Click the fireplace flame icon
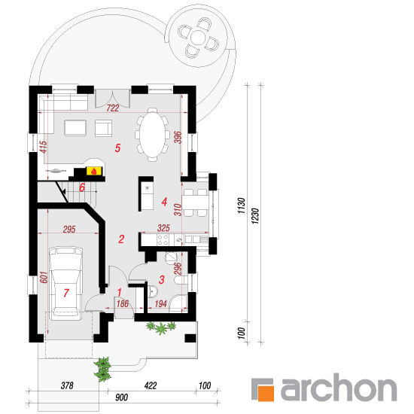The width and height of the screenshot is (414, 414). pyautogui.click(x=93, y=172)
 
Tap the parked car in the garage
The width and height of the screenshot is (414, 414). pyautogui.click(x=65, y=283)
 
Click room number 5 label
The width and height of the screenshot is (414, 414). pyautogui.click(x=117, y=148)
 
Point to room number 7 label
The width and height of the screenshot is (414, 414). pyautogui.click(x=66, y=293)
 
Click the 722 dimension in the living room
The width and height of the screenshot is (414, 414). pyautogui.click(x=113, y=108)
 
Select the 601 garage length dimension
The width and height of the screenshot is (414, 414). pyautogui.click(x=44, y=277)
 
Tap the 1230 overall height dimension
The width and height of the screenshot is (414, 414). pyautogui.click(x=255, y=216)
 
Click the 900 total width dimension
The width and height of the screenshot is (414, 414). pyautogui.click(x=121, y=397)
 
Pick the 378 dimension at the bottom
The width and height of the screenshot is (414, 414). pyautogui.click(x=67, y=385)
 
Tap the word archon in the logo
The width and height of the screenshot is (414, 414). pyautogui.click(x=339, y=387)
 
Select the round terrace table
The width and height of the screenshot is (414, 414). pyautogui.click(x=198, y=38)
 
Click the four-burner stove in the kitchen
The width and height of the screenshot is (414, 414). pyautogui.click(x=163, y=239)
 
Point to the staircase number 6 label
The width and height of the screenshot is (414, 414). pyautogui.click(x=82, y=187)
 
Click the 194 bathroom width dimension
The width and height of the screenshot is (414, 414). pyautogui.click(x=161, y=304)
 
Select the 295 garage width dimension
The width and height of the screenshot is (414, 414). pyautogui.click(x=69, y=229)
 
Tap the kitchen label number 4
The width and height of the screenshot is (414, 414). pyautogui.click(x=164, y=202)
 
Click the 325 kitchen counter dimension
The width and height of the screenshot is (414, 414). pyautogui.click(x=163, y=228)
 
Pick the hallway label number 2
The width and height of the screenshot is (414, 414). pyautogui.click(x=121, y=239)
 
